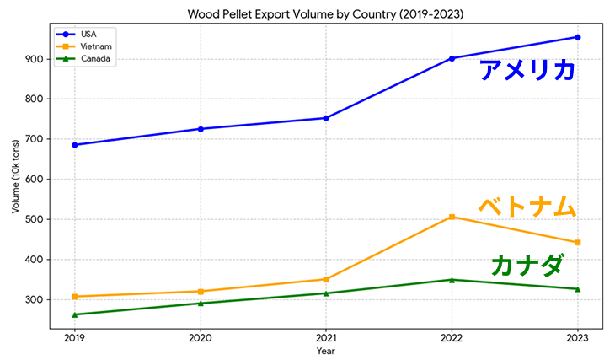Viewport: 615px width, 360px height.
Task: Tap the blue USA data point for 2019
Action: click(x=75, y=145)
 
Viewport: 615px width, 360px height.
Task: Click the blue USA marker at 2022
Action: click(x=452, y=58)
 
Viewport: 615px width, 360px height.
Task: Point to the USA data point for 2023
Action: click(x=578, y=37)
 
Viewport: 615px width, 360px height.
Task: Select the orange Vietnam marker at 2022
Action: click(x=452, y=217)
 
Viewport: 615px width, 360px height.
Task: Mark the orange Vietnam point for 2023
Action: click(x=578, y=243)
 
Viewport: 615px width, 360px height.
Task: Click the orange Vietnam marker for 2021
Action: click(x=326, y=279)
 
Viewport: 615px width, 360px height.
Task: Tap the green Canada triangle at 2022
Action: click(x=452, y=280)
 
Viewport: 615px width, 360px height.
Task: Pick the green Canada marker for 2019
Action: click(x=75, y=314)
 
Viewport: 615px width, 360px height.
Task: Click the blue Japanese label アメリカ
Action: click(x=527, y=70)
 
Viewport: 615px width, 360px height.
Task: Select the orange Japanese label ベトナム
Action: click(x=527, y=206)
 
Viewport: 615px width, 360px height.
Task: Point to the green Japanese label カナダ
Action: click(x=527, y=266)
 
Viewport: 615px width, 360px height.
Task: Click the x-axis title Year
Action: click(x=326, y=350)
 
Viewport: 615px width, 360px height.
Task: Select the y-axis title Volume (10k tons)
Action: click(x=16, y=180)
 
